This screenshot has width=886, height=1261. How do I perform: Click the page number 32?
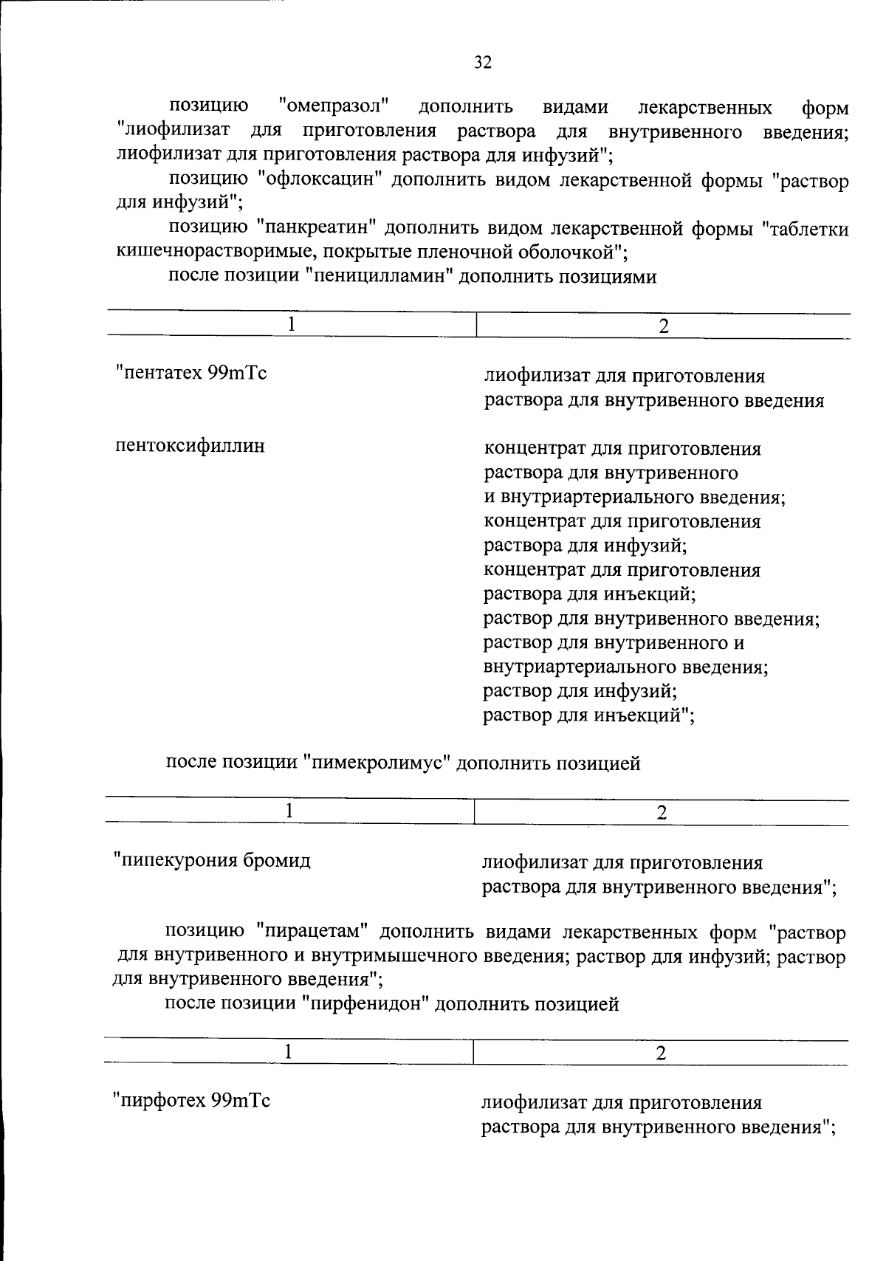(483, 62)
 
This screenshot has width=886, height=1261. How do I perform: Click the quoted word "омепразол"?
(334, 106)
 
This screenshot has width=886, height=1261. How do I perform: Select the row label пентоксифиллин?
(190, 446)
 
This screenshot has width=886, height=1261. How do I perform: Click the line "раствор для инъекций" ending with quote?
(588, 715)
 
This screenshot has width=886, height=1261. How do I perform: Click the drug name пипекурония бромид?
(212, 860)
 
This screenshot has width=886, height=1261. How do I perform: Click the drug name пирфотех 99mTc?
(191, 1101)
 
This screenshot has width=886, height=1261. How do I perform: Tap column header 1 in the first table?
(292, 325)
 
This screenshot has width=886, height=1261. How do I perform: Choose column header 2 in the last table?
(661, 1053)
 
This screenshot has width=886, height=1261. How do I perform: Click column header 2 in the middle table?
(662, 812)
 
